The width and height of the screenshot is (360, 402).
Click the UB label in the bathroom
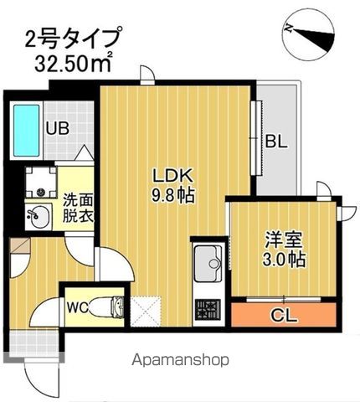coord(57,129)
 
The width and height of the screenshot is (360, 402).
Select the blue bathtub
coord(26,130)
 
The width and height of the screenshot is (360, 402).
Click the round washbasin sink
coord(37,214)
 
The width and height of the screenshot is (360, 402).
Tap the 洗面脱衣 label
coord(78,209)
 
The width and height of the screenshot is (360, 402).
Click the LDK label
coord(173,176)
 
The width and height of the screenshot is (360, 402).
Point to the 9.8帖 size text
coord(173,198)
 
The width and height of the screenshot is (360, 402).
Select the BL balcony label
coord(276,142)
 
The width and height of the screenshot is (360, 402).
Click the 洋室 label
coord(283,237)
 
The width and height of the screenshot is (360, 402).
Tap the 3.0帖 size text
coord(283,258)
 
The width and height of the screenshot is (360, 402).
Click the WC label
coord(78,307)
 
